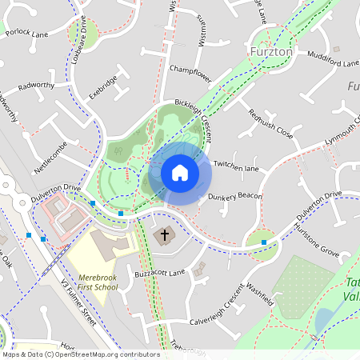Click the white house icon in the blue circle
(179, 173)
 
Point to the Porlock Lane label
(27, 34)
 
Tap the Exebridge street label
(103, 87)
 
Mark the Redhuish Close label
(270, 123)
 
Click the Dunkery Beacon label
(235, 196)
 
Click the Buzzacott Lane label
(160, 273)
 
